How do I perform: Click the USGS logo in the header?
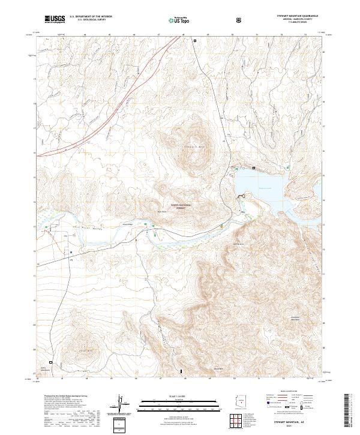pyautogui.click(x=55, y=20)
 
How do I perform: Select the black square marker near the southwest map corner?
pyautogui.click(x=51, y=362)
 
